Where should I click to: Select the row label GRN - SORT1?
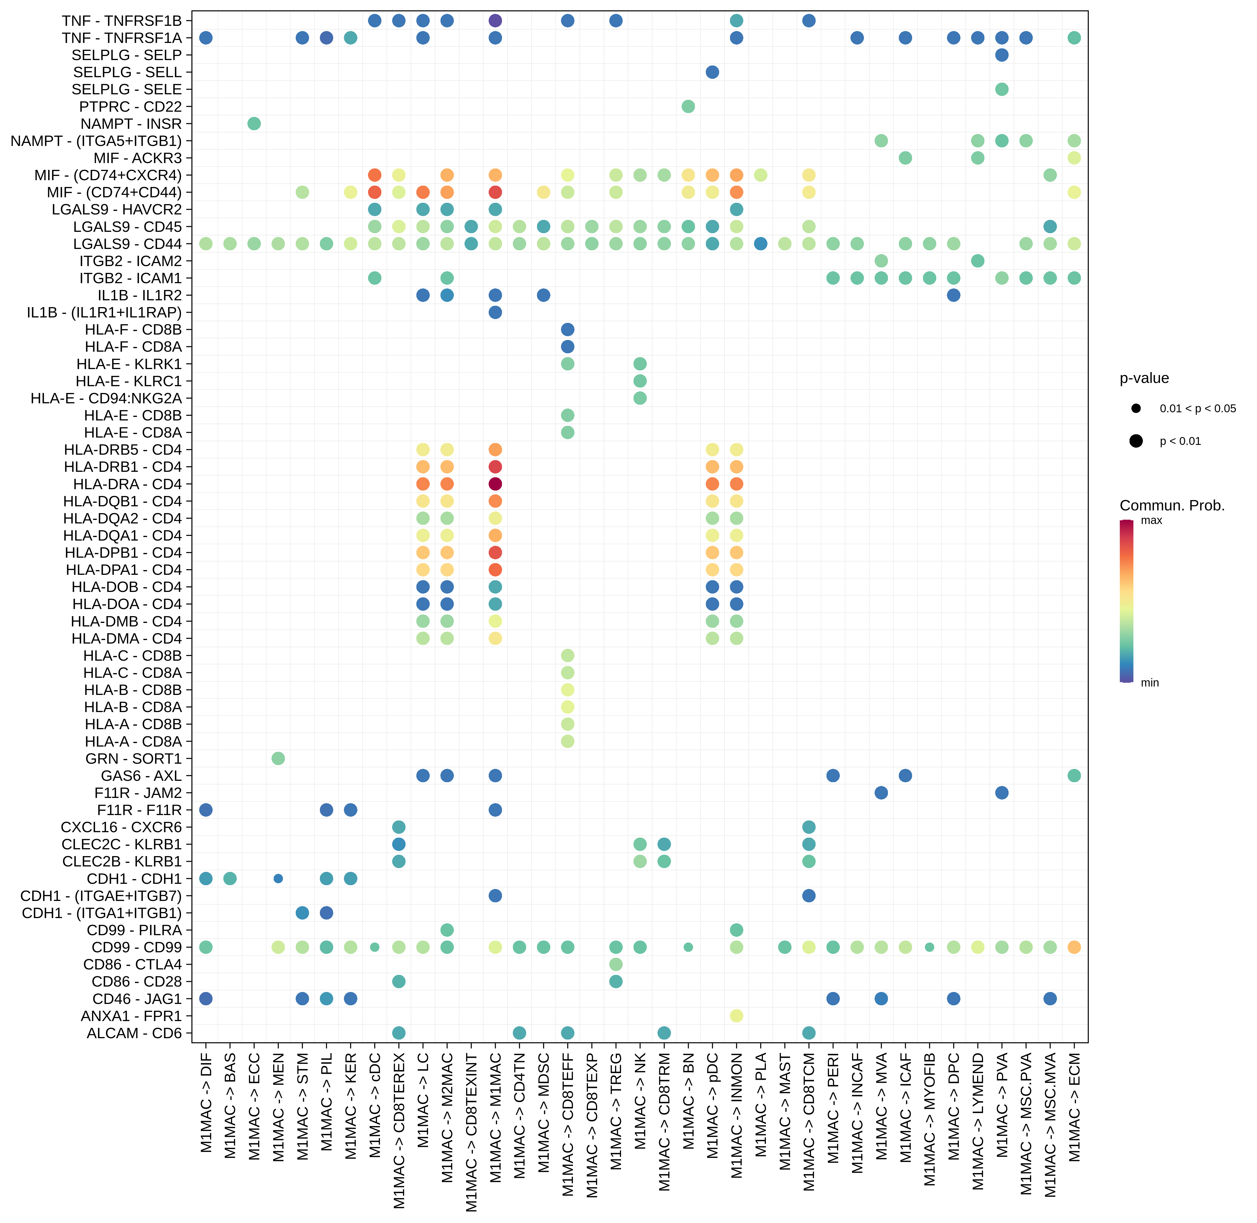[134, 759]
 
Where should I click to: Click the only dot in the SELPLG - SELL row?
[712, 72]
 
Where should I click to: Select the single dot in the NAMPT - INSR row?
[254, 123]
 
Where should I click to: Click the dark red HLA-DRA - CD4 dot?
[495, 484]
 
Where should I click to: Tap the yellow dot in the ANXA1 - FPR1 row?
[737, 1016]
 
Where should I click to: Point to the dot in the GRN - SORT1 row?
[278, 759]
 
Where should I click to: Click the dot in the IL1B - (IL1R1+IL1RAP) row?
[495, 312]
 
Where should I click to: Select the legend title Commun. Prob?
[1172, 506]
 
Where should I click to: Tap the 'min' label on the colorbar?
[1150, 683]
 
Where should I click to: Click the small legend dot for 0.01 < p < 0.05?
[1136, 408]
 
